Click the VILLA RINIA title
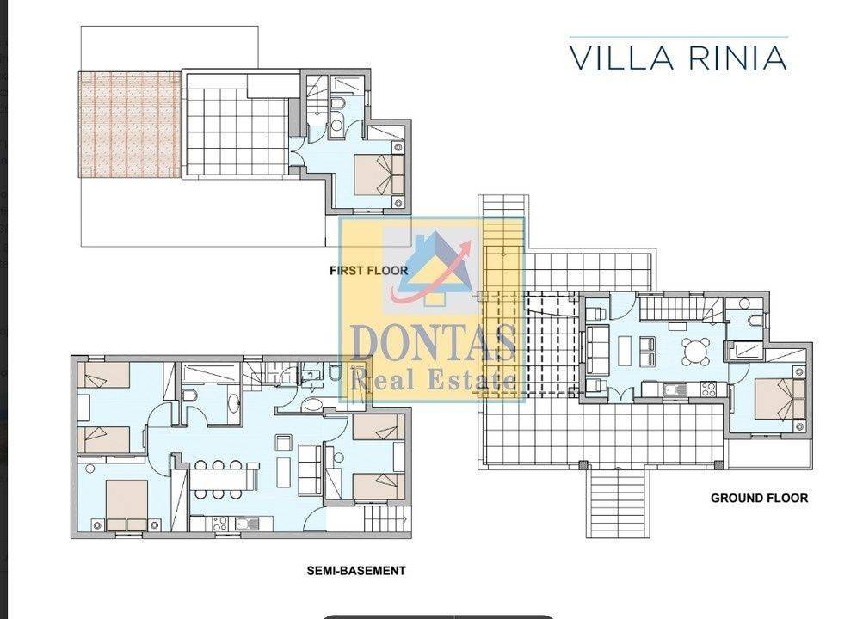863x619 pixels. click(x=678, y=58)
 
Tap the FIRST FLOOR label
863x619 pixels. click(x=369, y=271)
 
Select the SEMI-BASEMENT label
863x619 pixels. click(x=356, y=571)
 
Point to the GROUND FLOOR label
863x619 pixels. click(x=759, y=498)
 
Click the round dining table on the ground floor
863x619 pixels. click(x=696, y=352)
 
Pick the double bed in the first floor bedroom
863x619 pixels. click(x=379, y=175)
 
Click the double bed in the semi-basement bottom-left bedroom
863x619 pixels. click(x=127, y=506)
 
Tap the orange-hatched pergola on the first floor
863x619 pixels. click(x=131, y=125)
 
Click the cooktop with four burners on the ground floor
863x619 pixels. click(x=708, y=389)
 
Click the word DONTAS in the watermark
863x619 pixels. click(x=433, y=342)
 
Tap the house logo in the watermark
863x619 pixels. click(x=435, y=267)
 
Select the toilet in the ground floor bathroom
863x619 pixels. click(x=755, y=320)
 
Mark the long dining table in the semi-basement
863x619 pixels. click(x=222, y=480)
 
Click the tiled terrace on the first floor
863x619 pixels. click(x=237, y=132)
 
